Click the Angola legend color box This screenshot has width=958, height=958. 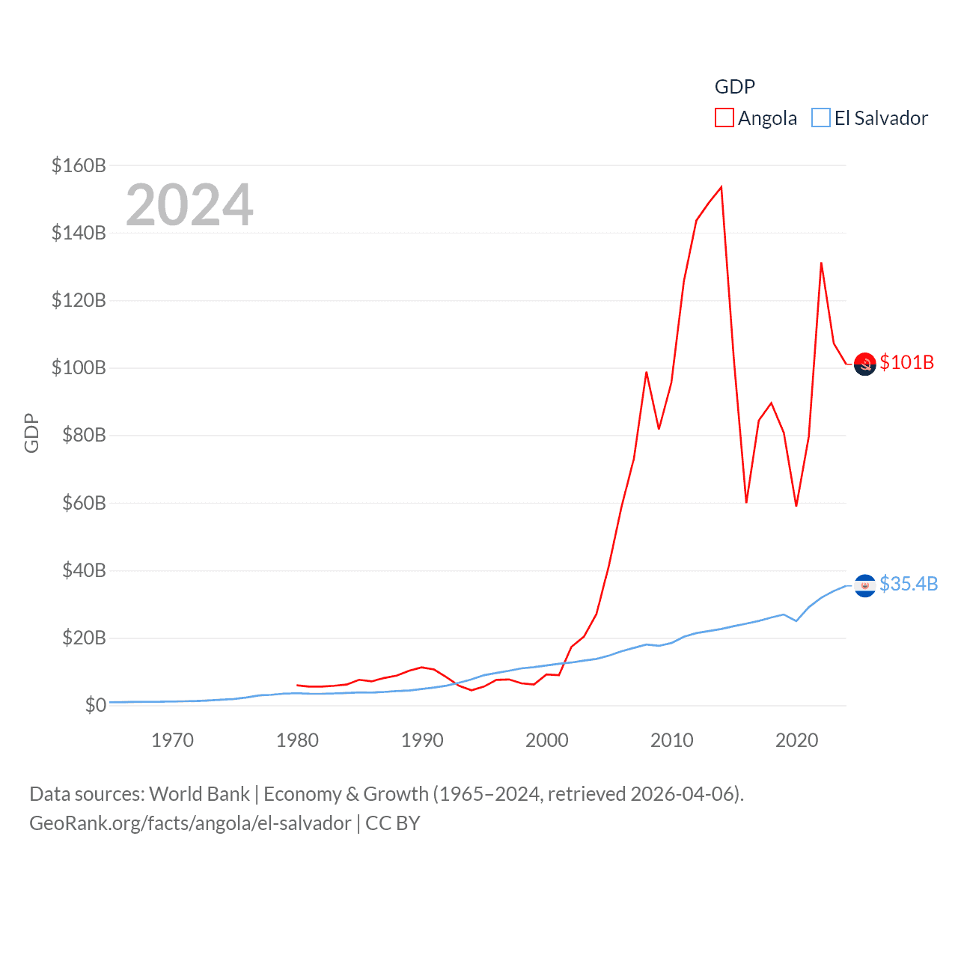[724, 118]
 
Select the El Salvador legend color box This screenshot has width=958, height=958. [821, 118]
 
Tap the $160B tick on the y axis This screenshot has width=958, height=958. [79, 165]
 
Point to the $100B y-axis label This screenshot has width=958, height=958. [79, 367]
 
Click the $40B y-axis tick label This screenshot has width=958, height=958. [84, 570]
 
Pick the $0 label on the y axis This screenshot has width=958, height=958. [95, 705]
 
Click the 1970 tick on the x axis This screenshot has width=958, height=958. [172, 740]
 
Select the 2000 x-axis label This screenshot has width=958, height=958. [547, 740]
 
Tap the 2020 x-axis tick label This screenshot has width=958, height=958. [796, 740]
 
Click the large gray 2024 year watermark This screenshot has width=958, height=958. [189, 205]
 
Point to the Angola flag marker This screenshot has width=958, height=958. [864, 364]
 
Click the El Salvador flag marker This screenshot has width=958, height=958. [864, 585]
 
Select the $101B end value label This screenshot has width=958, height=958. [906, 362]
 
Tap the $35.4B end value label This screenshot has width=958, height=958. [909, 584]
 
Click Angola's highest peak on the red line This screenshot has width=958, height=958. [721, 187]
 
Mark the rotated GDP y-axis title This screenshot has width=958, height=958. [31, 433]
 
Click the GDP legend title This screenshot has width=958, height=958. [734, 87]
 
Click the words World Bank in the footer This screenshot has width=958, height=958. [199, 794]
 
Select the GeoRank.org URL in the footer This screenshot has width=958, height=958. [190, 823]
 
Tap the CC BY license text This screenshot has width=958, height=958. [393, 823]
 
